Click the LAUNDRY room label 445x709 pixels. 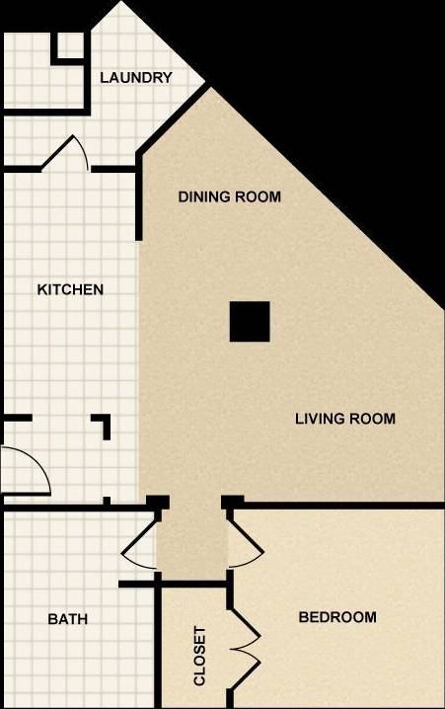[x=136, y=78]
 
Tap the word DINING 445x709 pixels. [x=203, y=197]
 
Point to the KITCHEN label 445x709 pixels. [x=70, y=289]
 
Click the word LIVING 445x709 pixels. [x=319, y=419]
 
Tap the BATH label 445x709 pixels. [x=68, y=619]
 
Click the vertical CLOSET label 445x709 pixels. [x=199, y=655]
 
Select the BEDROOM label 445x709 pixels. [x=337, y=617]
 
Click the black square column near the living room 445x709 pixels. [x=250, y=322]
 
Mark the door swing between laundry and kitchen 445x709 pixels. [x=69, y=152]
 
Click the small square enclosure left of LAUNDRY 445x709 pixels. [x=69, y=47]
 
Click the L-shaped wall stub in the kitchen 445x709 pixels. [x=102, y=426]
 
